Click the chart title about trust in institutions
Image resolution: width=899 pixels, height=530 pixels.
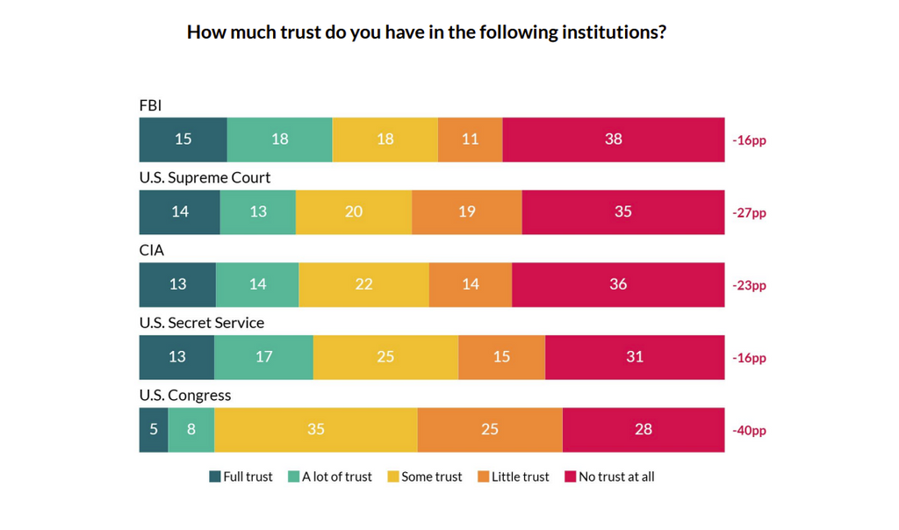(x=426, y=32)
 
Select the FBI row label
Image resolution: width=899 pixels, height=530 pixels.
(x=150, y=105)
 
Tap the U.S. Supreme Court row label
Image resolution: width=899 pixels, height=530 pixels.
(x=205, y=177)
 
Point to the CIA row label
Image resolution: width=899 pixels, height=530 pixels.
(x=151, y=250)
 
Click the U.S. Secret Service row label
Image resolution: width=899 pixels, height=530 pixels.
(x=201, y=322)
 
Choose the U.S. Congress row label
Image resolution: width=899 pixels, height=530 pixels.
(x=184, y=395)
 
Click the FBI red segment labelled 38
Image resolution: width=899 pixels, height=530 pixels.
(x=614, y=140)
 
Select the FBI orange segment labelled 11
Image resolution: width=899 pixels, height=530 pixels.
(x=470, y=140)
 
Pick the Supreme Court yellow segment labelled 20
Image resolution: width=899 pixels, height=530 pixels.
(x=353, y=211)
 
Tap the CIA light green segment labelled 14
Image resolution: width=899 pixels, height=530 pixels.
(x=257, y=284)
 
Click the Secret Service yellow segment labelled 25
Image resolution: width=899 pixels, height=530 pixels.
(x=385, y=357)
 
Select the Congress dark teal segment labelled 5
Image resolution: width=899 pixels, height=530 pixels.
(x=154, y=429)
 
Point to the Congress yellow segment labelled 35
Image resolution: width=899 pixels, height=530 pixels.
(x=315, y=429)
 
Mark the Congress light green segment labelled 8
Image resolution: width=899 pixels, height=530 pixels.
(x=191, y=429)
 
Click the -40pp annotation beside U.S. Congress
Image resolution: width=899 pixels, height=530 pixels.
(x=749, y=431)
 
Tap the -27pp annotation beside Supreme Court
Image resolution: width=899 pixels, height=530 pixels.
(x=749, y=213)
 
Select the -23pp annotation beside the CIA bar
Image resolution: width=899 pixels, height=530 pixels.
(x=749, y=285)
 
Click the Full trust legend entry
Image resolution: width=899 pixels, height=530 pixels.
(x=241, y=476)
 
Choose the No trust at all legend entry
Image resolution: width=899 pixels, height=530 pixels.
(x=609, y=476)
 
